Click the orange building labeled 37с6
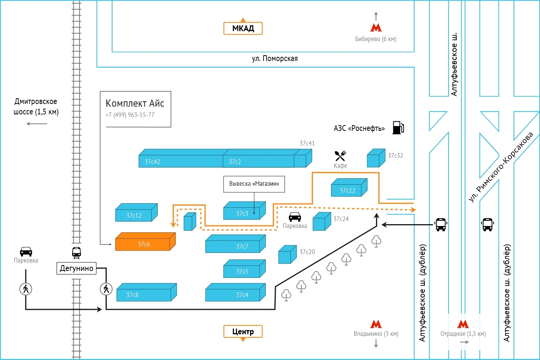click(144, 243)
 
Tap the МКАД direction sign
click(243, 28)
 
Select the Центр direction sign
click(243, 332)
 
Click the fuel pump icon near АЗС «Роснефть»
click(398, 127)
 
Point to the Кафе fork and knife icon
click(340, 155)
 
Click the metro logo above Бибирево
click(376, 28)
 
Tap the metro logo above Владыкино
click(376, 324)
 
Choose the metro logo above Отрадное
click(463, 324)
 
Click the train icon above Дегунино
click(76, 252)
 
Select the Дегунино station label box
click(76, 268)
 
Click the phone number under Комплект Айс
click(130, 115)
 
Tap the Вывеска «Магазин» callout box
click(254, 184)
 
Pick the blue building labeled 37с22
click(348, 189)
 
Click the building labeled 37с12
click(134, 214)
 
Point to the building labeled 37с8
click(144, 294)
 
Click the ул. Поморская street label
click(275, 59)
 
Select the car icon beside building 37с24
click(295, 217)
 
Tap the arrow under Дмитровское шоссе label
click(37, 124)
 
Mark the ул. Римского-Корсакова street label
click(501, 167)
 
